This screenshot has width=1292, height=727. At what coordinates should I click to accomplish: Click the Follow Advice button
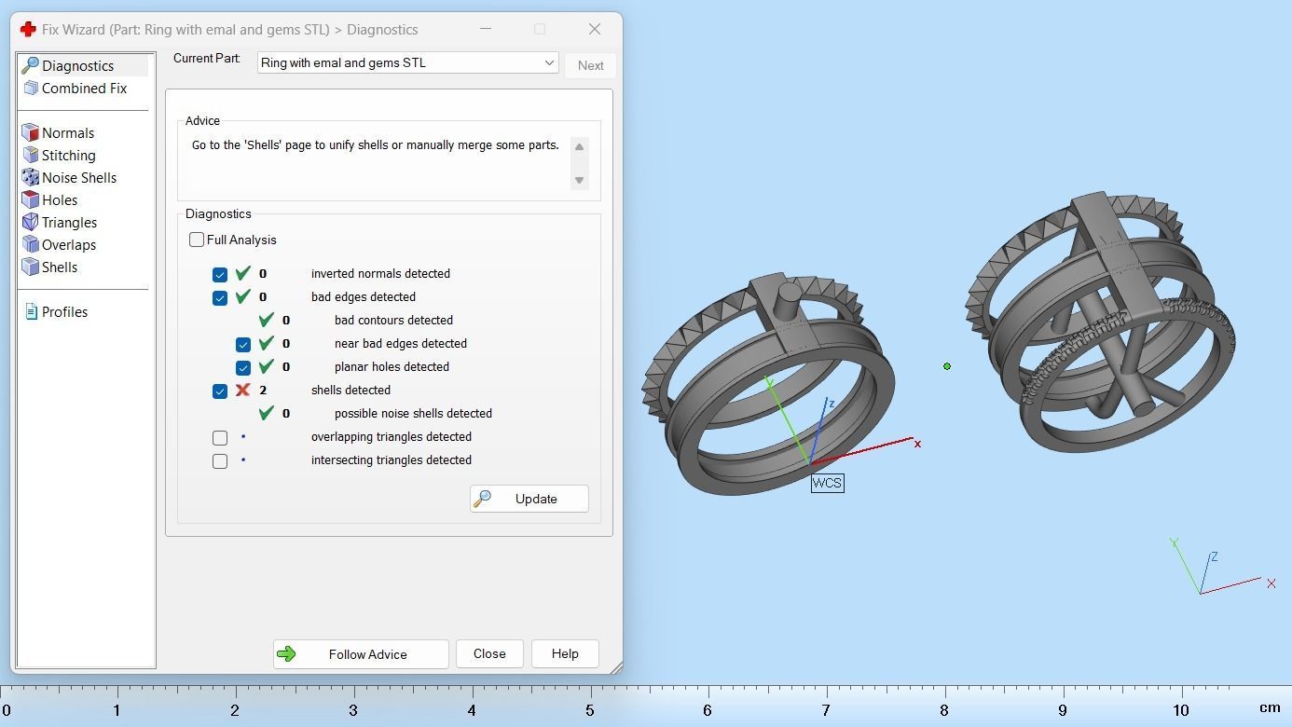tap(361, 654)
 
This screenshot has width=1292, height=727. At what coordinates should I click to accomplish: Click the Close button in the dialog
tap(489, 654)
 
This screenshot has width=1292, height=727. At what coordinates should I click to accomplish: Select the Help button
tap(565, 654)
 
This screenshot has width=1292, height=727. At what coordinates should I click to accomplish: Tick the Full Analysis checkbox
tap(197, 240)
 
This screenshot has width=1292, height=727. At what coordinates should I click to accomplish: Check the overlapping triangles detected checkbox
tap(220, 437)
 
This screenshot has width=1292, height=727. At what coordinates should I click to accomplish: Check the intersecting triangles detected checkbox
tap(220, 460)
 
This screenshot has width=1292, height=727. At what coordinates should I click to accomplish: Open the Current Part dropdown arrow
tap(549, 63)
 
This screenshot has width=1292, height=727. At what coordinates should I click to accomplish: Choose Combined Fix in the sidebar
tap(83, 89)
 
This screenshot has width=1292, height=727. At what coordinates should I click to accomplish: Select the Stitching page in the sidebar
tap(68, 156)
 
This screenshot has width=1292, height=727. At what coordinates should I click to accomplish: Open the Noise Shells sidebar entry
tap(78, 178)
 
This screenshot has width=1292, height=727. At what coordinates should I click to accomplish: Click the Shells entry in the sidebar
tap(59, 267)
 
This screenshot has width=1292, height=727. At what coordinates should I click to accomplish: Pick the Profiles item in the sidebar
tap(64, 312)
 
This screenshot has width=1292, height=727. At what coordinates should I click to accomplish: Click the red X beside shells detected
tap(243, 391)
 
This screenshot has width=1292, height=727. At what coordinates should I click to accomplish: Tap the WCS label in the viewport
tap(827, 483)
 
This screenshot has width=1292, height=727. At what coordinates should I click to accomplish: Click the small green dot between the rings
tap(947, 366)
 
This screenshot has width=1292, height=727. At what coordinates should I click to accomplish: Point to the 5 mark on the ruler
tap(590, 709)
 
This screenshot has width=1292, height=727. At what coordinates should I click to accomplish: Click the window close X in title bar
tap(595, 30)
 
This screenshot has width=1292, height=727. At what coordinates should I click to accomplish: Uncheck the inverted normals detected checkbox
tap(220, 275)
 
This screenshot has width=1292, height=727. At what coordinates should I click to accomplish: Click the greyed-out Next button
tap(590, 65)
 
